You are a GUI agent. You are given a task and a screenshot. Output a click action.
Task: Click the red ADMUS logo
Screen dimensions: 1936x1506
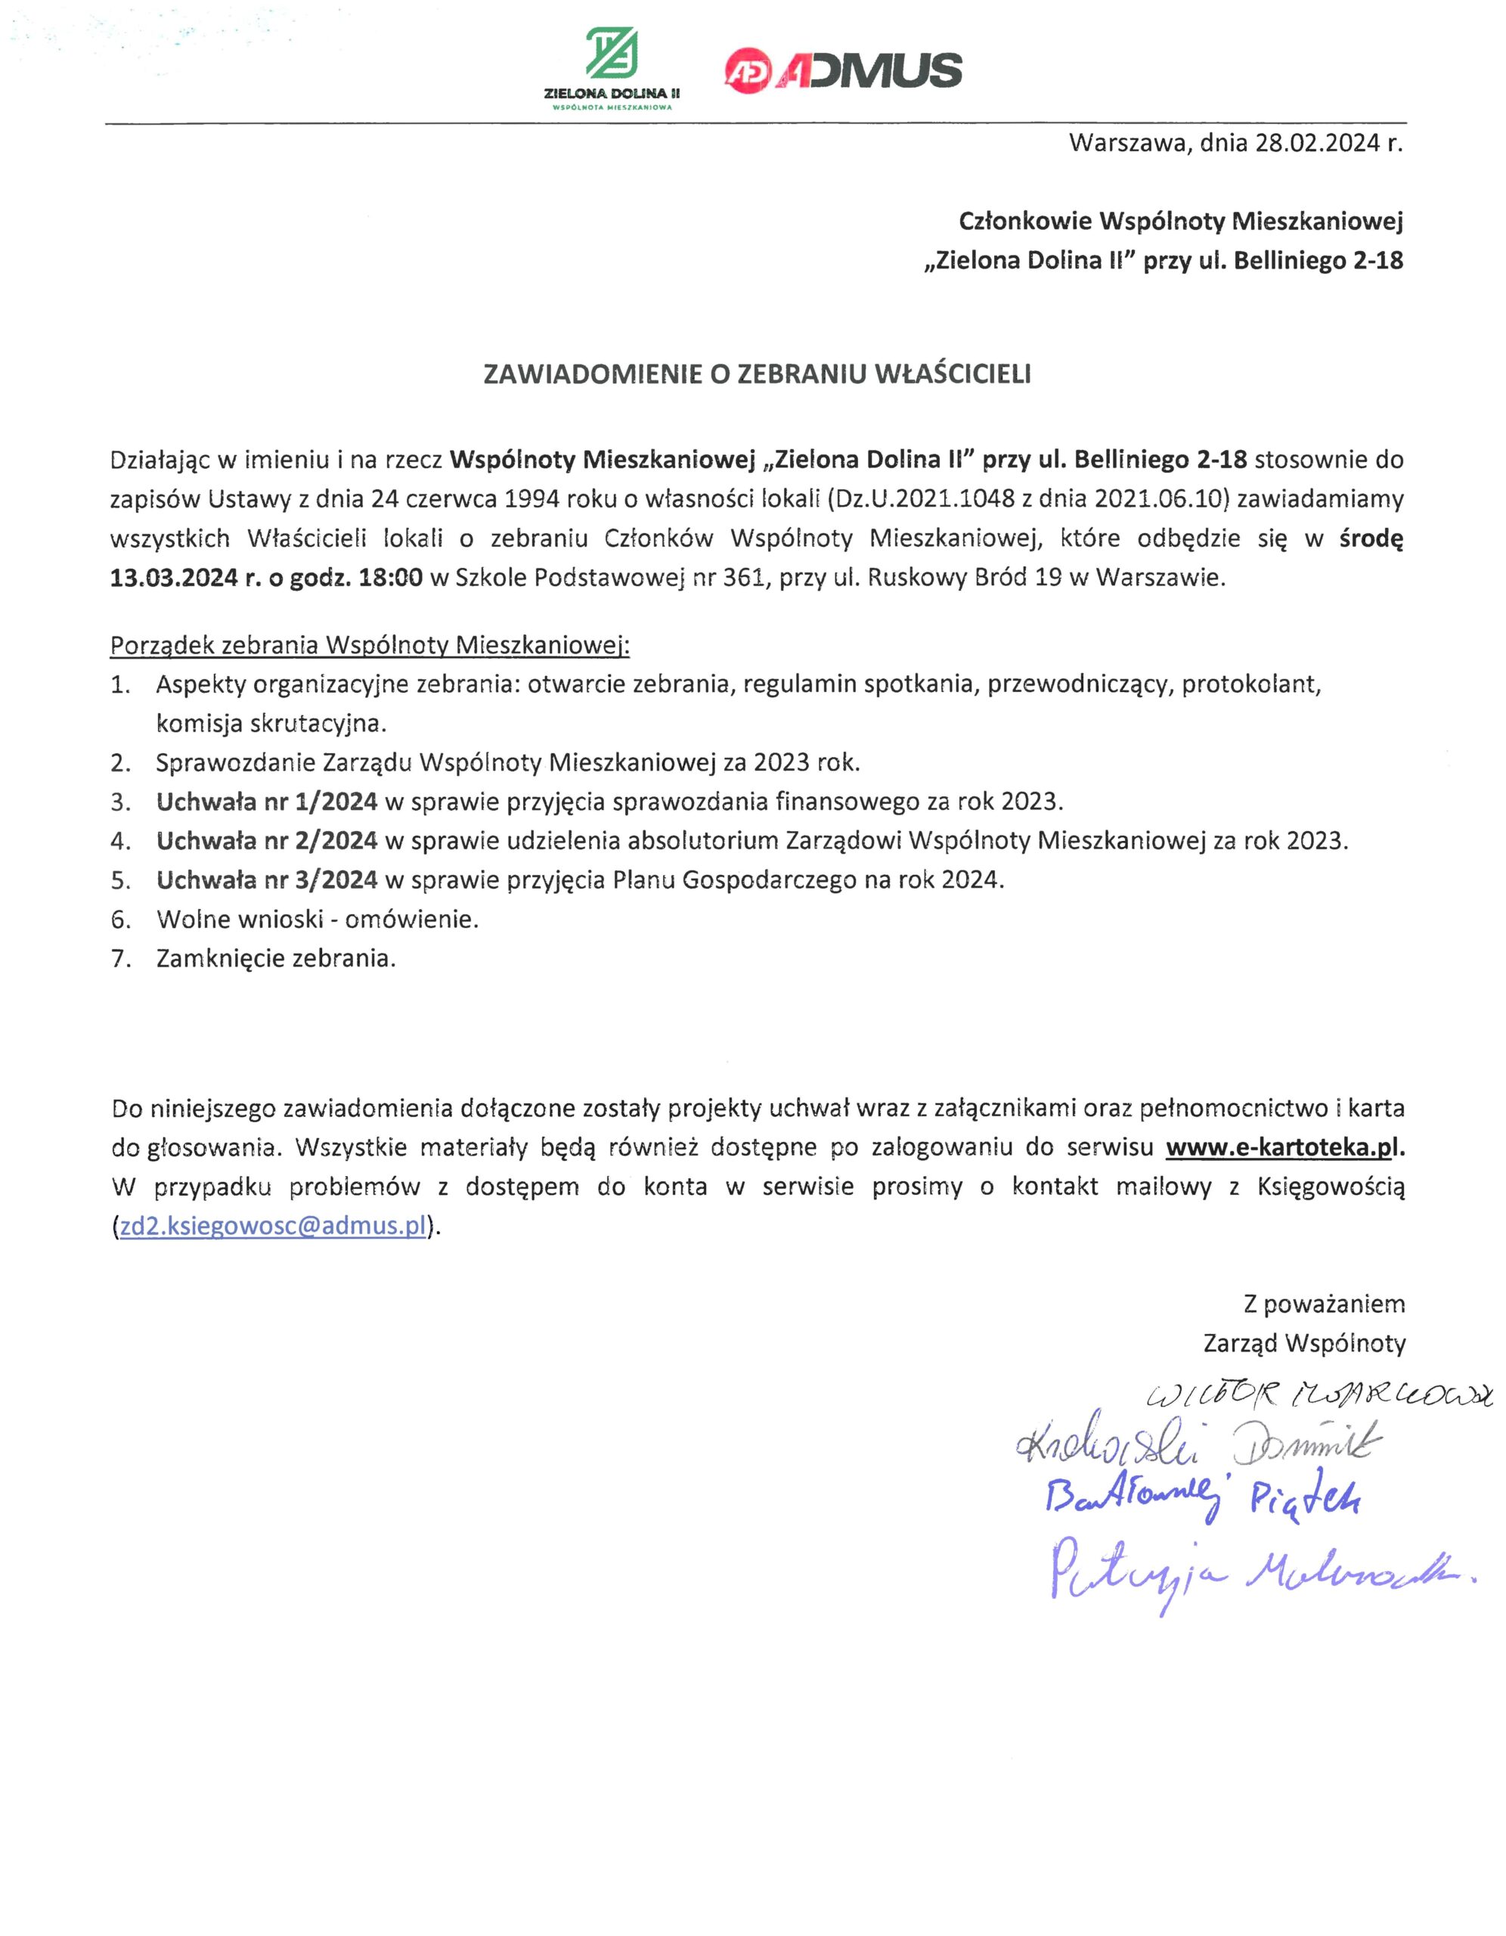842,69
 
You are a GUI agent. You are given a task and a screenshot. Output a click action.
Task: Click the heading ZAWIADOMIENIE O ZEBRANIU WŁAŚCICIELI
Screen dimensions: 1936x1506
757,375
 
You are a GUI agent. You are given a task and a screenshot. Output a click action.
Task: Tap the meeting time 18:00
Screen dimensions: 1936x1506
390,578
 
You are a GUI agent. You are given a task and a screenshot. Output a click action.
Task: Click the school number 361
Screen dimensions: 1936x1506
743,578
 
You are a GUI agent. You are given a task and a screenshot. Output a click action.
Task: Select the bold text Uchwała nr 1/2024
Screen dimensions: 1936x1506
267,802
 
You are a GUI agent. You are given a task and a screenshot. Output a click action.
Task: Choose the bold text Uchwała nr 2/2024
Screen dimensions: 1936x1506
267,840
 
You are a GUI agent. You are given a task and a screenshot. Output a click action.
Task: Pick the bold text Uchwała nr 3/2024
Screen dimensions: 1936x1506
267,880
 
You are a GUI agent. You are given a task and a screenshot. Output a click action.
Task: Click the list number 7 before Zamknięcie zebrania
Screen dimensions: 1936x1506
119,958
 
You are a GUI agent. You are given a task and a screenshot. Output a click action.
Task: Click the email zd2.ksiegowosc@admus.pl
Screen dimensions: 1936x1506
273,1226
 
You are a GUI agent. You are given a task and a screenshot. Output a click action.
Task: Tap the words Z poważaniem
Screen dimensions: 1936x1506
1325,1304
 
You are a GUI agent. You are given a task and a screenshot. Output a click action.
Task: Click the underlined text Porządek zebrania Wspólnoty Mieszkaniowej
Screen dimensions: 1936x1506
369,645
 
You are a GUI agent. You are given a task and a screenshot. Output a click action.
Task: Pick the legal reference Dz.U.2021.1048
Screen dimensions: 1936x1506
924,499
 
